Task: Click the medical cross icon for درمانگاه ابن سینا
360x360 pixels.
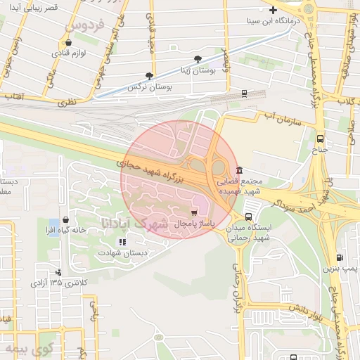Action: tap(274, 10)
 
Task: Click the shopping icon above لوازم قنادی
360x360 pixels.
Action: tap(67, 42)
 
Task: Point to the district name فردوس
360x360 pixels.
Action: tap(84, 26)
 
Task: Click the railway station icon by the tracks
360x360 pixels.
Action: tap(244, 93)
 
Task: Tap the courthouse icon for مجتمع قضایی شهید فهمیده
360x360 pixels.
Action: tap(240, 170)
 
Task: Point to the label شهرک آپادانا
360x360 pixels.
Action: tap(134, 225)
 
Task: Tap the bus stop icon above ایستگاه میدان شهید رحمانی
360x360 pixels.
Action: tap(249, 217)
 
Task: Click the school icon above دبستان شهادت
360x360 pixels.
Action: tap(122, 242)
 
